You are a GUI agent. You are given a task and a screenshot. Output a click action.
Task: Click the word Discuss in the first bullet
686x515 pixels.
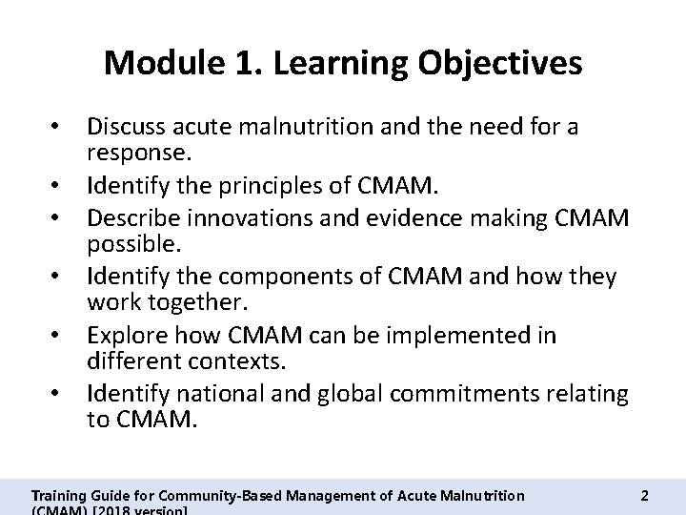[126, 126]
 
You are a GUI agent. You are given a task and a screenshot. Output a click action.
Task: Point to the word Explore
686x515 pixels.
[124, 336]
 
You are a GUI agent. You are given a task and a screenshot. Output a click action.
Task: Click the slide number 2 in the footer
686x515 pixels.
[645, 496]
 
